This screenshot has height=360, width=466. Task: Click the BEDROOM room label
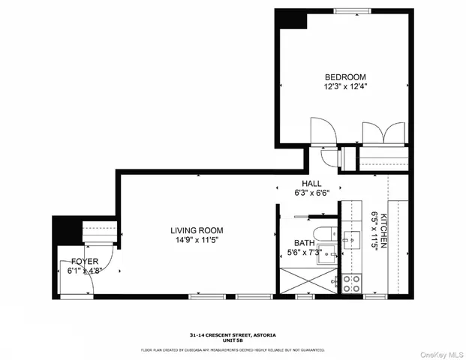point(344,77)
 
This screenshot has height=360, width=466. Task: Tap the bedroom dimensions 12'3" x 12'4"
point(344,87)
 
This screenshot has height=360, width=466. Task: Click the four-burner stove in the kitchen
point(351,283)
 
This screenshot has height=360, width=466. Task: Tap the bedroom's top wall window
point(353,10)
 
